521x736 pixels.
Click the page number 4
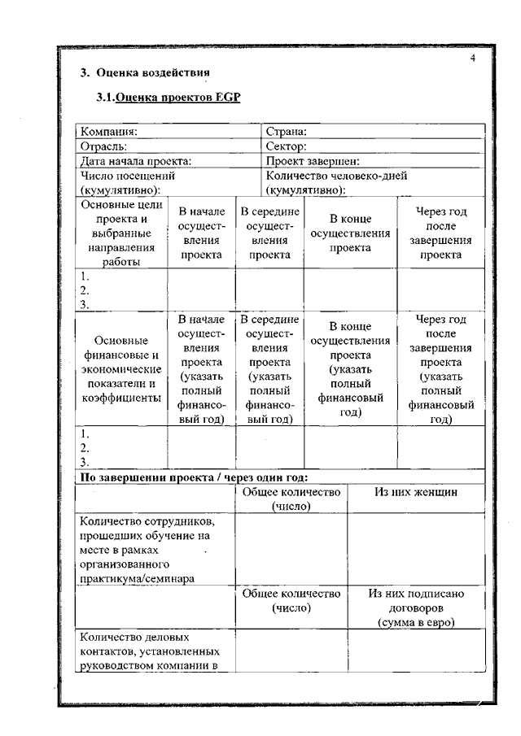472,58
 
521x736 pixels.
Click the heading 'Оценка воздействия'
151,72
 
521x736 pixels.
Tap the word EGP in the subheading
229,98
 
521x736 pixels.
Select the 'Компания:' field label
109,132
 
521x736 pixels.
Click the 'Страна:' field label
286,132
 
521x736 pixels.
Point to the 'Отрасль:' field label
104,146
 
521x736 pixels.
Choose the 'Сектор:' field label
286,146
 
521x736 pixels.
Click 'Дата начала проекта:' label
136,161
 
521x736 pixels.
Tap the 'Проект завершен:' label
313,161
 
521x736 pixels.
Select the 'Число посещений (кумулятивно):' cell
128,182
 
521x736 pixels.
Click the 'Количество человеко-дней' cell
336,176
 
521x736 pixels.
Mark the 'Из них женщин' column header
416,492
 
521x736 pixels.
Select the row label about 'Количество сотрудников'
147,550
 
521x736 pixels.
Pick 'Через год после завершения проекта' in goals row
440,233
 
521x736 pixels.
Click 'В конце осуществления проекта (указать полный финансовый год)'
350,368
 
